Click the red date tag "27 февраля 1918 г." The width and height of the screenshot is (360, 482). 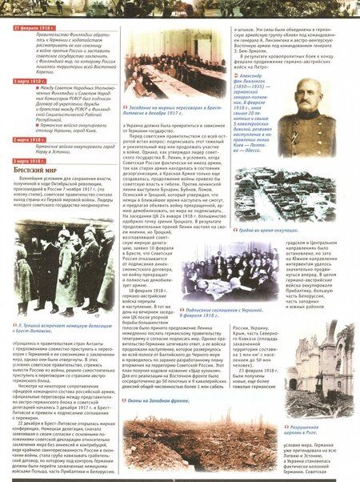click(x=35, y=28)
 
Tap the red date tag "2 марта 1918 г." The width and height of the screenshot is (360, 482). click(x=33, y=139)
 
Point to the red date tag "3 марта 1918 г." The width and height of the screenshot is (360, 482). click(x=33, y=161)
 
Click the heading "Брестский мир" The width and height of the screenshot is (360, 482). click(x=36, y=171)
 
